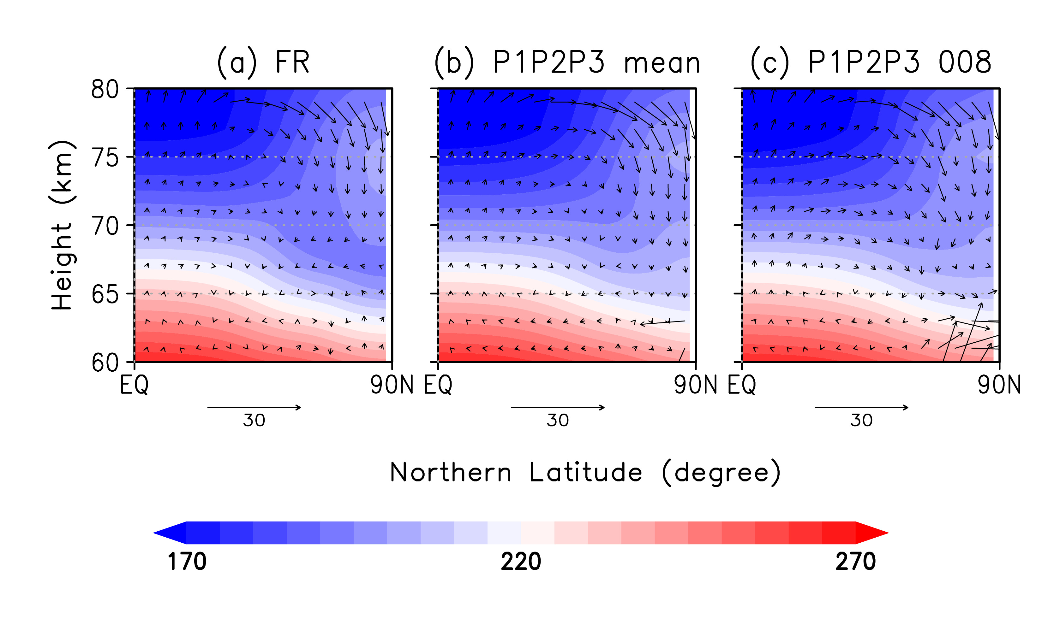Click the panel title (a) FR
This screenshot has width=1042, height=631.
[x=263, y=62]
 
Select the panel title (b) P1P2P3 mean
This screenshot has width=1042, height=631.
[x=567, y=62]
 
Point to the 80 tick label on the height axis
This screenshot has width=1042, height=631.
[x=105, y=90]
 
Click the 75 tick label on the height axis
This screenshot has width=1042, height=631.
[x=105, y=158]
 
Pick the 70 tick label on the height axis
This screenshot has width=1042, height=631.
[x=105, y=226]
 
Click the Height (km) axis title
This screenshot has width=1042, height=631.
[x=62, y=225]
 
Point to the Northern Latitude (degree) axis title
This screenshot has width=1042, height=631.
[x=585, y=472]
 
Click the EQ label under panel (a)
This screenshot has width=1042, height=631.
[x=134, y=385]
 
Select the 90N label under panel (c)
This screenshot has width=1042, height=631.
[x=999, y=385]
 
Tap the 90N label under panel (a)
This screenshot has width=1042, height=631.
[x=392, y=385]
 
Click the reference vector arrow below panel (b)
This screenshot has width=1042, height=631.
[x=558, y=407]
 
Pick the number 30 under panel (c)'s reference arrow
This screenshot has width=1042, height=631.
[x=861, y=421]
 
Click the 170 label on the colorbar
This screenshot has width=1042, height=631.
[x=187, y=562]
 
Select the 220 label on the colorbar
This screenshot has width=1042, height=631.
[x=521, y=562]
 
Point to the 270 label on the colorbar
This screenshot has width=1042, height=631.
[x=855, y=562]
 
